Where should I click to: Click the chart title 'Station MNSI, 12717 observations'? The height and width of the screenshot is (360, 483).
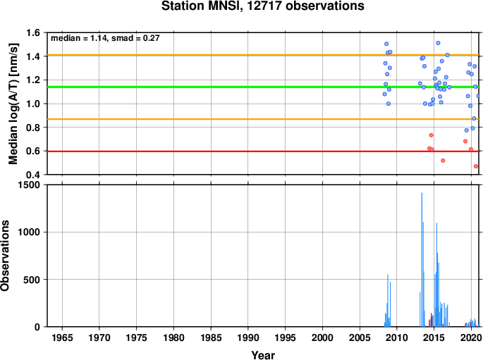click(263, 6)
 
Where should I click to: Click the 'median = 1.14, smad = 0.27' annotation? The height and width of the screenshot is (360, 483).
click(105, 38)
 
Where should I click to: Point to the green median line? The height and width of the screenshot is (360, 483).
click(263, 87)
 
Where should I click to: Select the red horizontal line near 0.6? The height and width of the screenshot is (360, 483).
click(263, 151)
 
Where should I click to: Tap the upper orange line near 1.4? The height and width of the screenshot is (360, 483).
click(263, 55)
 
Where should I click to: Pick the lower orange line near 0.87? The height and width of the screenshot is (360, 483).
click(263, 119)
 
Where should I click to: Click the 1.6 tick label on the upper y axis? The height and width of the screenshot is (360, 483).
click(33, 32)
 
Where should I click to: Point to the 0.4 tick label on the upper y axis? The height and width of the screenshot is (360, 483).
click(33, 175)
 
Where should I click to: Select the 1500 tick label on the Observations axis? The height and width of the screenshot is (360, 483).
click(29, 185)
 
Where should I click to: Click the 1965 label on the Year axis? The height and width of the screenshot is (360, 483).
click(62, 337)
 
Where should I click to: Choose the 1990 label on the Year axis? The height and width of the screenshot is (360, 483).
click(248, 337)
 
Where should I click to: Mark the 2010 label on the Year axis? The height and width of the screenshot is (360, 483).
click(397, 337)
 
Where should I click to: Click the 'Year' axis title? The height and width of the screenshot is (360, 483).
click(263, 355)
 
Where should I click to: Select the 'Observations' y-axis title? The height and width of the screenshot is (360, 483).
click(5, 256)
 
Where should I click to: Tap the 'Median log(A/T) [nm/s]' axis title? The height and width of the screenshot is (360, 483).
click(13, 104)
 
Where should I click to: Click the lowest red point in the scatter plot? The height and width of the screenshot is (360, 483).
click(476, 166)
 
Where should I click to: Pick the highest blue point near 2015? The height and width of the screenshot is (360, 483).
click(438, 43)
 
